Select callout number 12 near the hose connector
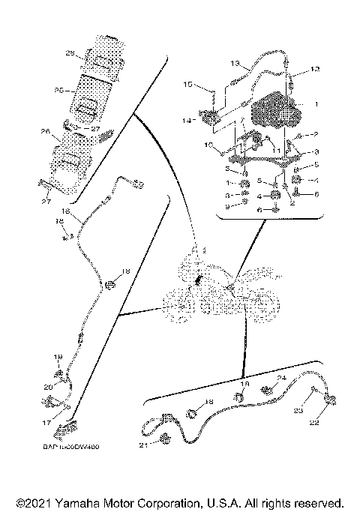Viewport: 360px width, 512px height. click(x=315, y=69)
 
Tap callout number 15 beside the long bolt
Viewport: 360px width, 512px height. click(x=188, y=85)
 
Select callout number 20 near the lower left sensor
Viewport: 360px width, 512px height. click(x=48, y=386)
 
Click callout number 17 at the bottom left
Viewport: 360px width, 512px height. click(x=46, y=423)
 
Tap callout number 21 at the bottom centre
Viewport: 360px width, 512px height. click(x=142, y=445)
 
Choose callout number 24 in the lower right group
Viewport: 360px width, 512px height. click(x=282, y=378)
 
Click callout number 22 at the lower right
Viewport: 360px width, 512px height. click(x=315, y=423)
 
